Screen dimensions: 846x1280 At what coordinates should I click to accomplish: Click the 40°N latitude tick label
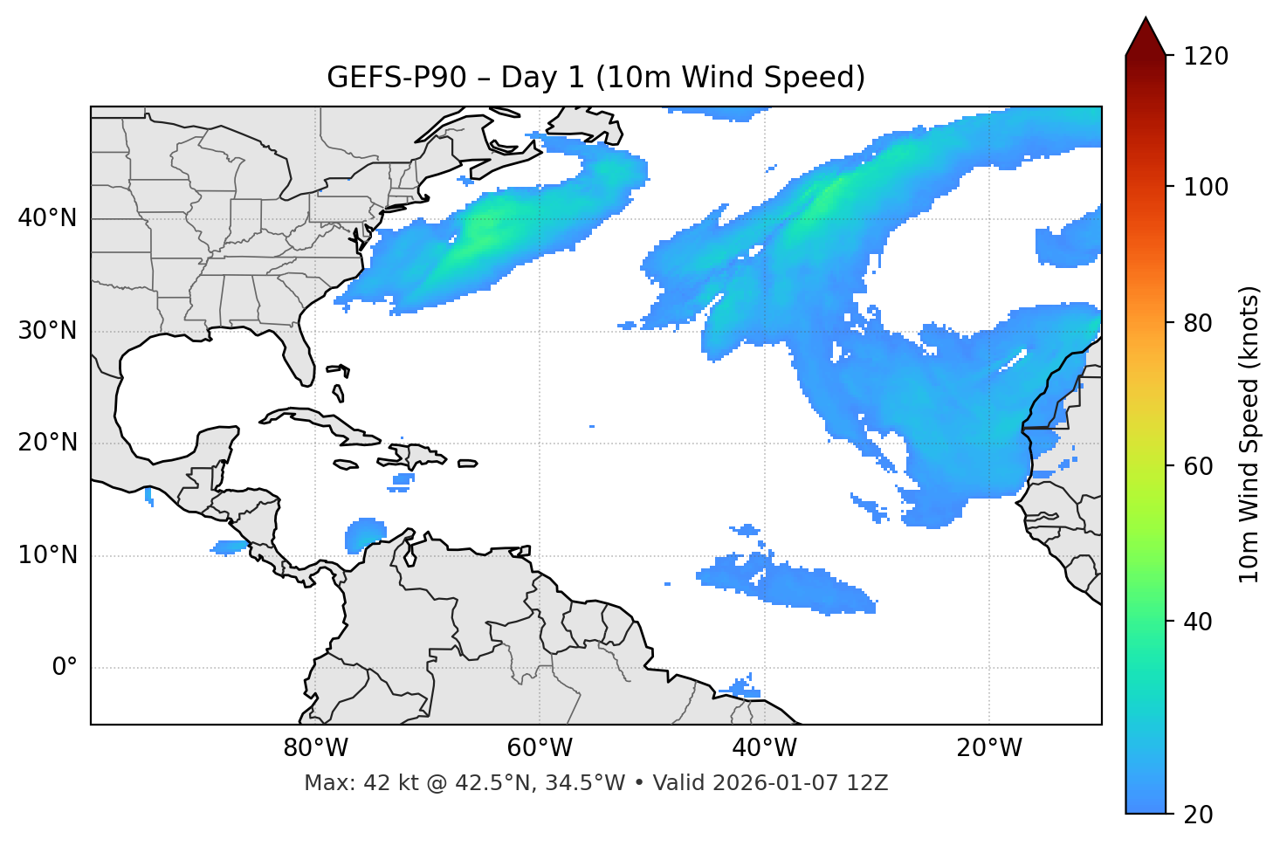47,218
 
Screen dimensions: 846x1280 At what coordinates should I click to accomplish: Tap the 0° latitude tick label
65,668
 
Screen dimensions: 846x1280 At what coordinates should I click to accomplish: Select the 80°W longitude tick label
315,748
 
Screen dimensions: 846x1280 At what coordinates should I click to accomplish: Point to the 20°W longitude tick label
989,748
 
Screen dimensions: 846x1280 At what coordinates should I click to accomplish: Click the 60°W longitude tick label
540,748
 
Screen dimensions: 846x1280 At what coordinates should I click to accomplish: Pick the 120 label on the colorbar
1206,57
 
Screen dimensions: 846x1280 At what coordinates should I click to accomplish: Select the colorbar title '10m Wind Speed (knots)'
1249,435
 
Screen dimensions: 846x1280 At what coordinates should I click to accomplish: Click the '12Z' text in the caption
870,783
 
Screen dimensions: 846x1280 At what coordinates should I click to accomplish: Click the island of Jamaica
347,465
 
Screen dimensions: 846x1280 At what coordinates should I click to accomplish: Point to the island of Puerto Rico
468,464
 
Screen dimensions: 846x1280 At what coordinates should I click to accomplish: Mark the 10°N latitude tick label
47,555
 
